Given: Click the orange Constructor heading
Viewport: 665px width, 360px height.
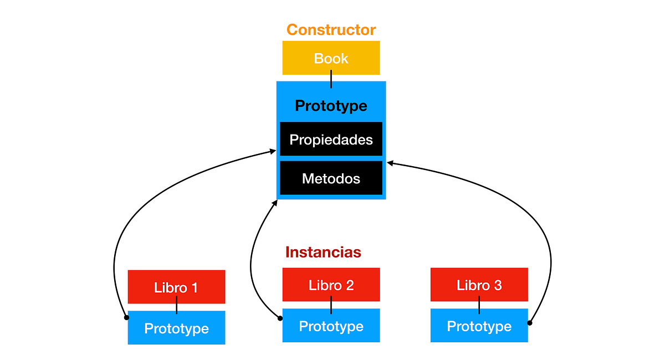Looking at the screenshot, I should [x=331, y=29].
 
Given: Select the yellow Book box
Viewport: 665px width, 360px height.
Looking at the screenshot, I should [x=331, y=58].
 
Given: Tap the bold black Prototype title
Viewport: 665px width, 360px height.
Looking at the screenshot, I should [x=331, y=105].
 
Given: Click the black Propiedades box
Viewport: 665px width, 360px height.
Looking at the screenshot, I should [x=331, y=139].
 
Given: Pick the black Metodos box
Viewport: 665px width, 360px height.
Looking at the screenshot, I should [x=331, y=178].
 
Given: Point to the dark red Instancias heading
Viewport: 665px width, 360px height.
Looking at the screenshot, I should [x=323, y=252].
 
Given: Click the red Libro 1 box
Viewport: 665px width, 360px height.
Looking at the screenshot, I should [x=176, y=287].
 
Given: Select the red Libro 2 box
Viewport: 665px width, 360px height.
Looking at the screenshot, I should [x=331, y=285].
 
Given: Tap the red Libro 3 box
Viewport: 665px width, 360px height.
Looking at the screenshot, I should [x=479, y=285].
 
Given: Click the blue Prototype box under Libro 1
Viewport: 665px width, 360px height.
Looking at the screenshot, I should [x=176, y=328].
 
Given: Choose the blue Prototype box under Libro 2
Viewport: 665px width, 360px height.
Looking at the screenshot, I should [x=331, y=326].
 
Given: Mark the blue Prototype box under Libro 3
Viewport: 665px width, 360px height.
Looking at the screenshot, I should [x=479, y=326].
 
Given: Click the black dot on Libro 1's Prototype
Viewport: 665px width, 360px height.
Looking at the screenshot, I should [x=126, y=317].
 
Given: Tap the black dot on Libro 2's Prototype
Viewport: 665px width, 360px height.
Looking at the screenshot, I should [x=280, y=318].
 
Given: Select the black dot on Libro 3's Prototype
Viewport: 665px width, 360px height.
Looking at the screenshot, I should [x=530, y=322].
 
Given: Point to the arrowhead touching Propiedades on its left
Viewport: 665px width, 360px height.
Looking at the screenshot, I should [x=273, y=151].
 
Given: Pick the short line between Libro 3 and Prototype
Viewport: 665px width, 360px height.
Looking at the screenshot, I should [x=479, y=305].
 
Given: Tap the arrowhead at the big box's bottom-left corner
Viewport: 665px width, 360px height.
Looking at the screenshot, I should [x=274, y=203].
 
